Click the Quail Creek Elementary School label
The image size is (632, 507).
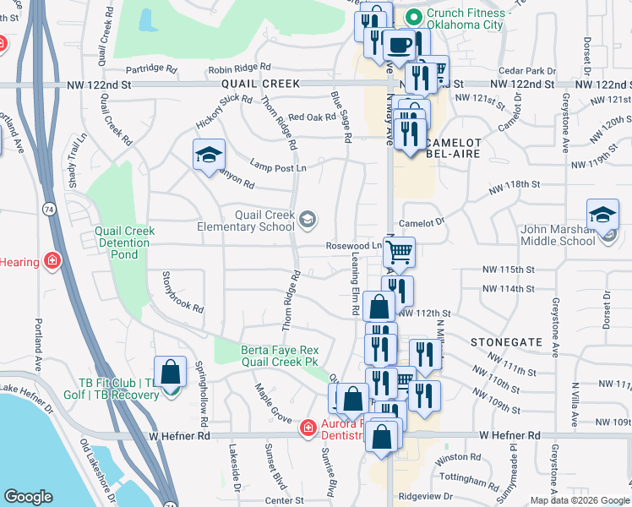[x=246, y=221]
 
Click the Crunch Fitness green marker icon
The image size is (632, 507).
[x=414, y=16]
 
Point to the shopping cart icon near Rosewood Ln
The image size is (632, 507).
[x=399, y=251]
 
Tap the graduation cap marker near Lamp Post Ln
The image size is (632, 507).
[x=208, y=155]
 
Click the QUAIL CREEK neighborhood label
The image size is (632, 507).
[x=261, y=84]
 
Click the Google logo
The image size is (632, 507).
[x=28, y=497]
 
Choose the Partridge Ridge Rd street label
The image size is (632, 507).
[x=148, y=69]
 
